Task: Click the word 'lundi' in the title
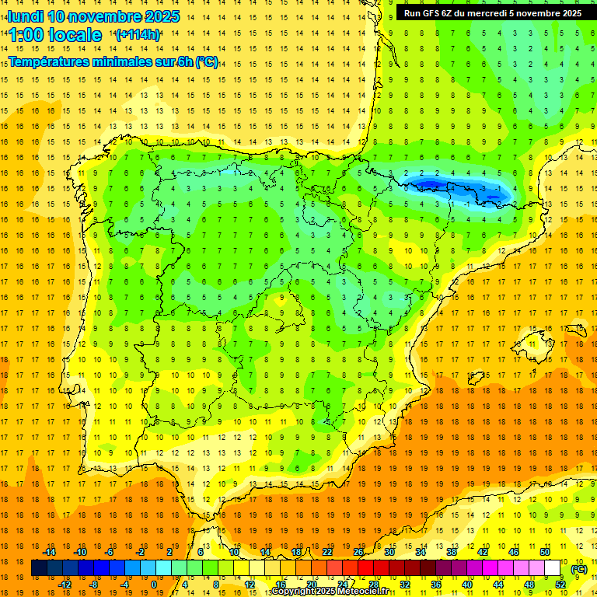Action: coord(25,16)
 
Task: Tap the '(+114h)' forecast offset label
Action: coord(138,35)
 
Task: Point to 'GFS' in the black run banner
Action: coord(432,13)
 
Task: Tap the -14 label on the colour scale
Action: coord(50,552)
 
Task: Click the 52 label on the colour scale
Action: coord(560,585)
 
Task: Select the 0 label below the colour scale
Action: coord(154,585)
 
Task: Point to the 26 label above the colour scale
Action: coord(358,552)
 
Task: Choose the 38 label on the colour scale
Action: coord(452,552)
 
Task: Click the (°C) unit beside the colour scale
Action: coord(578,569)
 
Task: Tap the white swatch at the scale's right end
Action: coord(553,568)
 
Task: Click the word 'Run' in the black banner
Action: coord(412,13)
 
